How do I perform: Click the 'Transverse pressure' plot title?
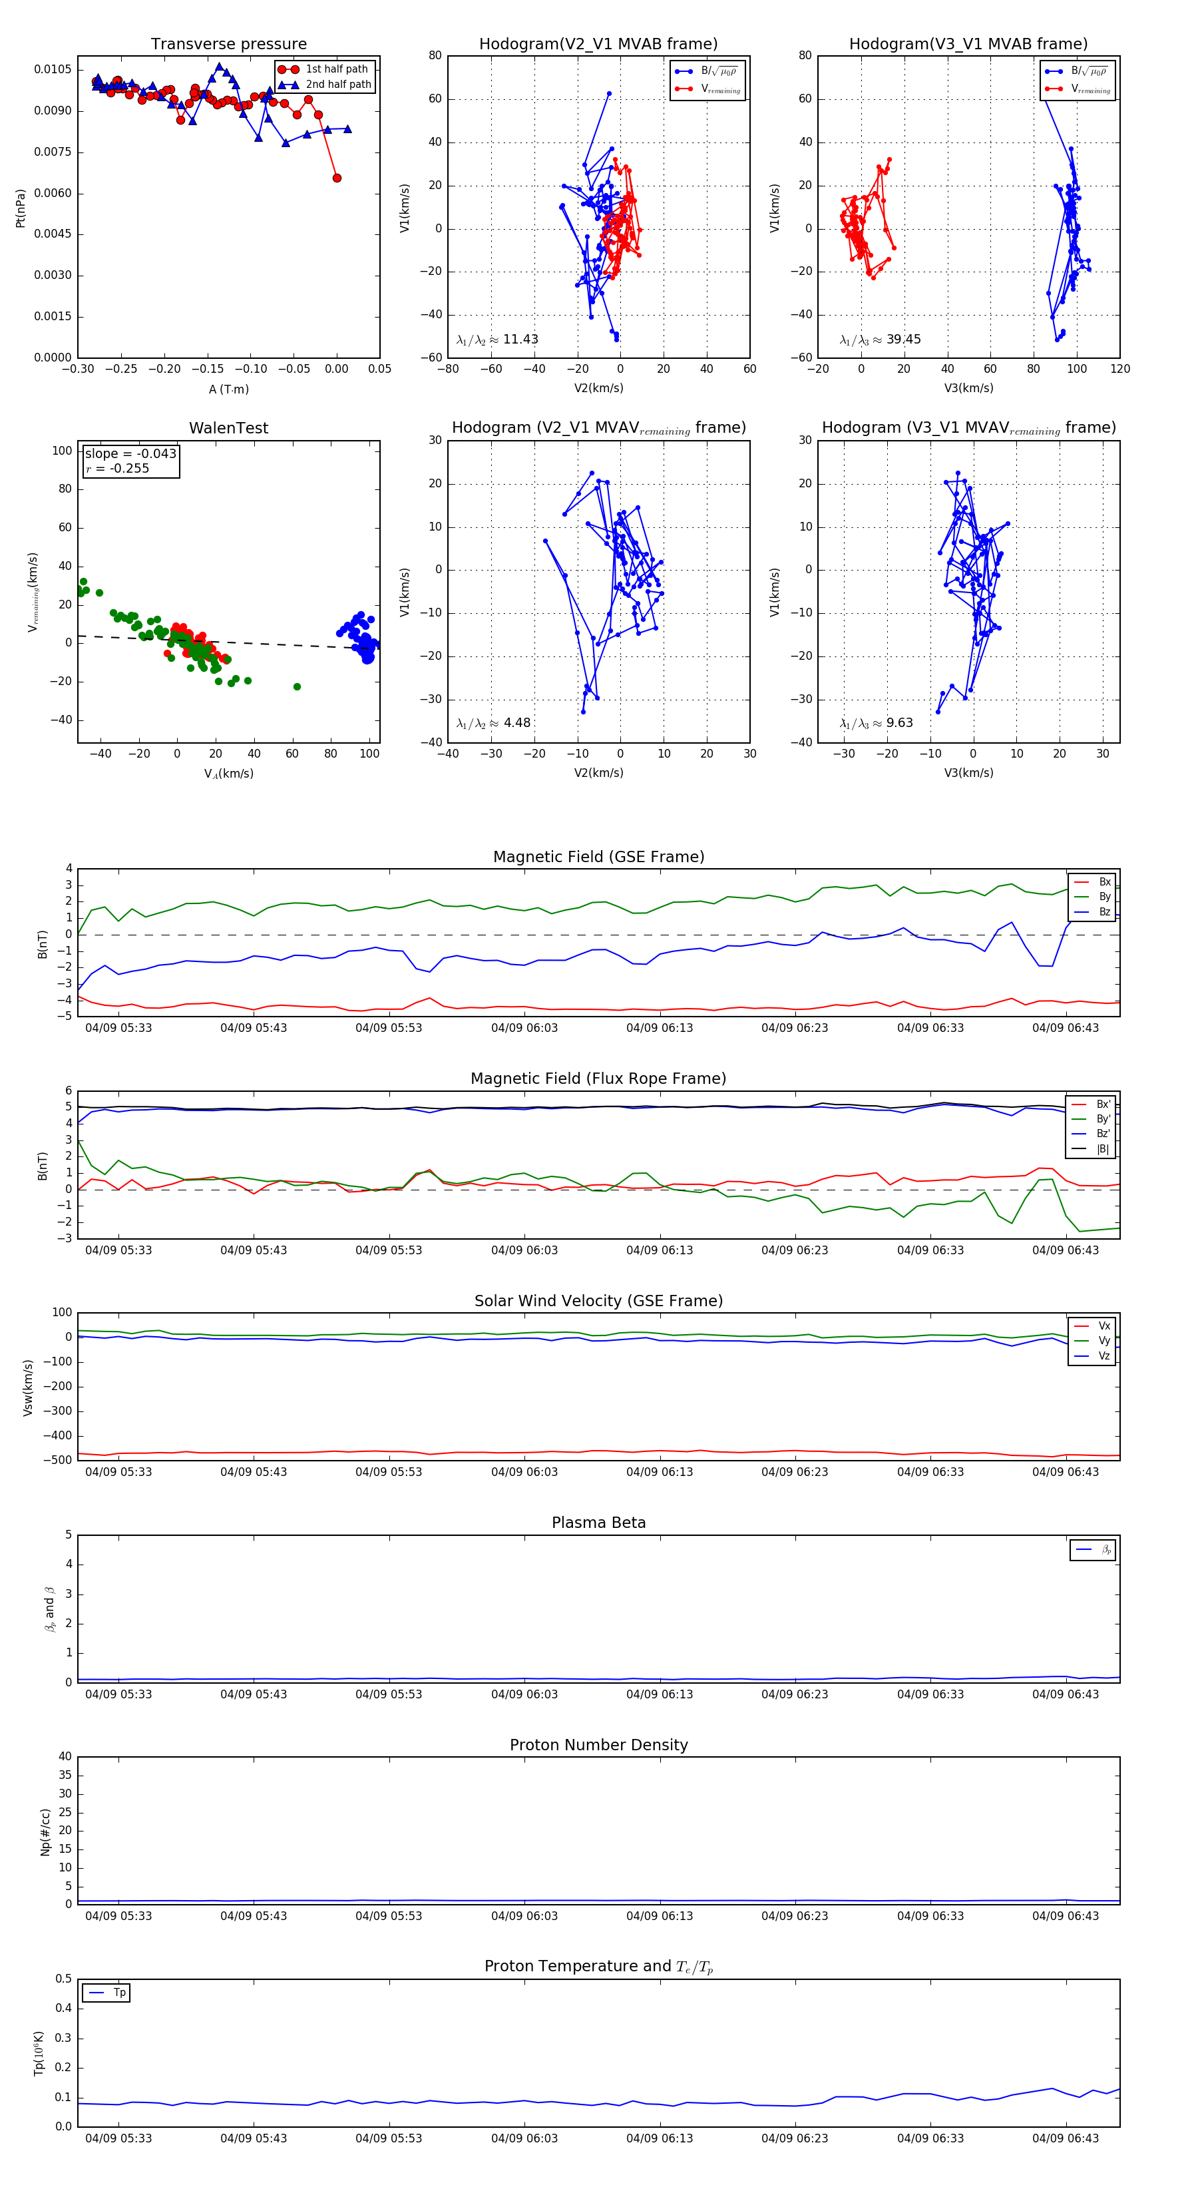[228, 45]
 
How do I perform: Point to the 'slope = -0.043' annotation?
[130, 454]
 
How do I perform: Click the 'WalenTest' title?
[228, 428]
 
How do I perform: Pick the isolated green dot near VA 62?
[297, 686]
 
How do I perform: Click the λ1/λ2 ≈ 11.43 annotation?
[497, 340]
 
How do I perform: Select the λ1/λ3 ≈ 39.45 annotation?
[880, 340]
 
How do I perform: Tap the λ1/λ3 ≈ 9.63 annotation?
[876, 723]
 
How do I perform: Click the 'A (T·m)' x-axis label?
[228, 389]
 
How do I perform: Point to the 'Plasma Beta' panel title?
[598, 1523]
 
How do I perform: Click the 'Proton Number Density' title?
[598, 1745]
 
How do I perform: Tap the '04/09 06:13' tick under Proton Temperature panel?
[659, 2138]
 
